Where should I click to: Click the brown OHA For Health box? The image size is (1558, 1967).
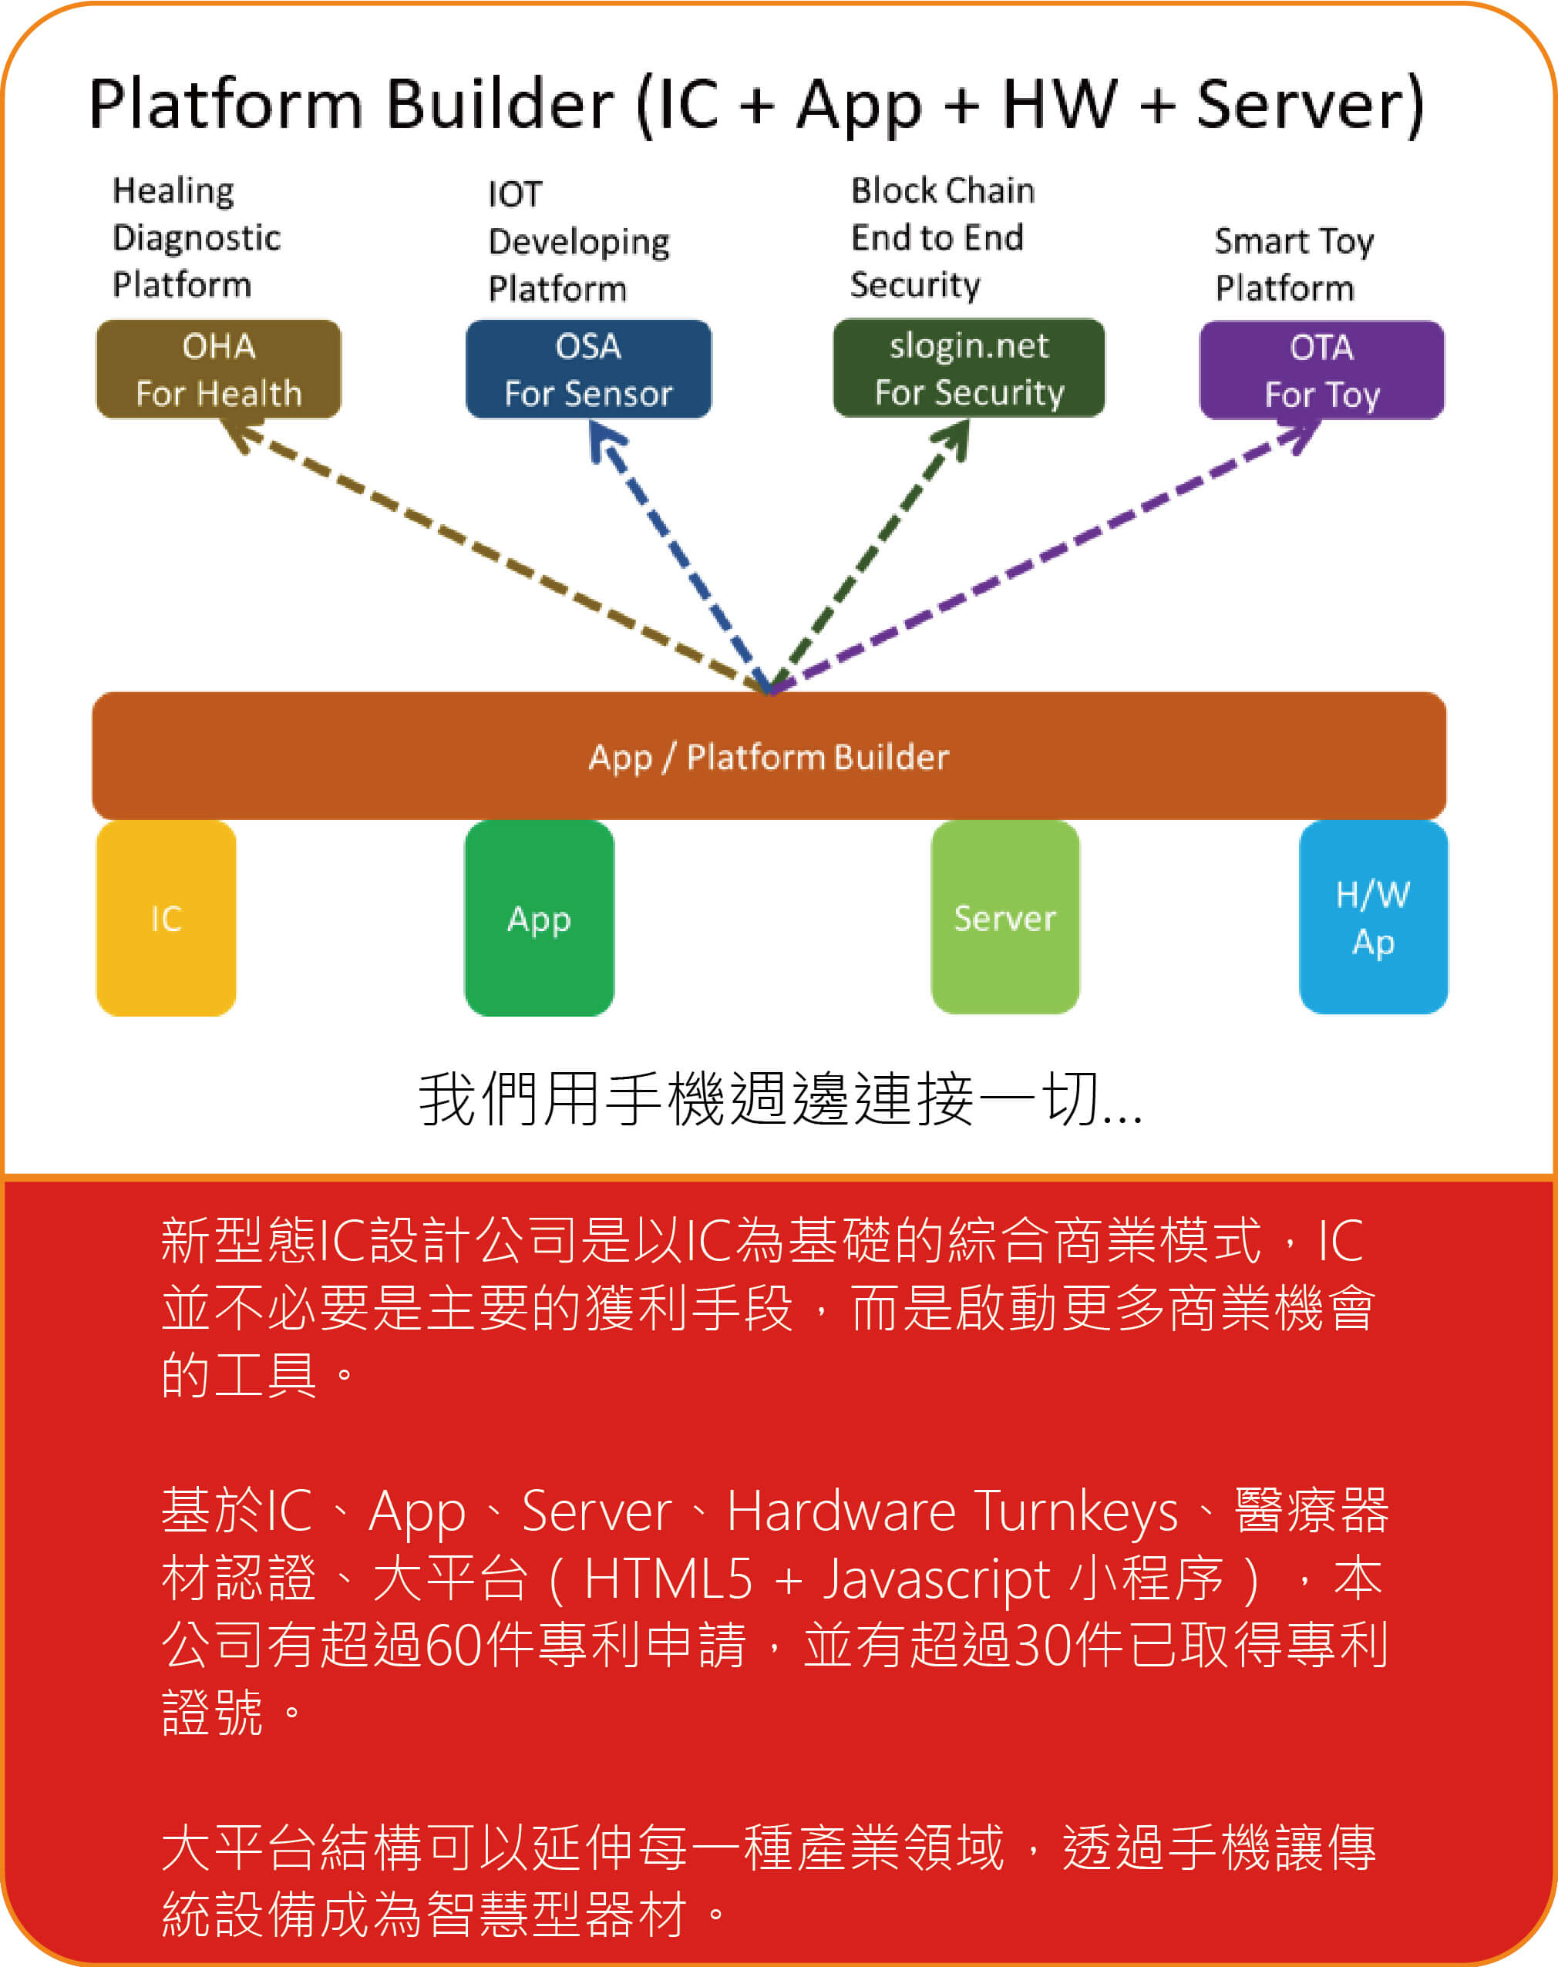coord(219,369)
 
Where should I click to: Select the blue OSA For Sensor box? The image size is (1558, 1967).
coord(588,369)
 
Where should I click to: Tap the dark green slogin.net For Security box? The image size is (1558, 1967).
coord(969,368)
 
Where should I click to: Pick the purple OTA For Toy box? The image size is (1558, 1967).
coord(1322,370)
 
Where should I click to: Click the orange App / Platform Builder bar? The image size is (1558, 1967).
coord(769,756)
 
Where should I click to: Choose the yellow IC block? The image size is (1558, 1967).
coord(166,918)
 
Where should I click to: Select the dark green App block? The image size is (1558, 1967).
coord(539,918)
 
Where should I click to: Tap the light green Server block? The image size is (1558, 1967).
coord(1005,917)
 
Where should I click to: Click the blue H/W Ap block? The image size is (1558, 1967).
coord(1373,917)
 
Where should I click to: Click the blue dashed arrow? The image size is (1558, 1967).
coord(680,556)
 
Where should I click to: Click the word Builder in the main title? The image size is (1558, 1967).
coord(500,103)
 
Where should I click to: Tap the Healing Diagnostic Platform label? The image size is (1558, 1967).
coord(195,237)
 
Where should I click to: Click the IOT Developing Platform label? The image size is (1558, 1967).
coord(578,242)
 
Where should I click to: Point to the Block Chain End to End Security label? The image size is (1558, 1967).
coord(942,237)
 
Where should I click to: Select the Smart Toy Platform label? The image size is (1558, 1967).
coord(1293,264)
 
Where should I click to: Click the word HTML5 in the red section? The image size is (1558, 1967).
coord(668,1579)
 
